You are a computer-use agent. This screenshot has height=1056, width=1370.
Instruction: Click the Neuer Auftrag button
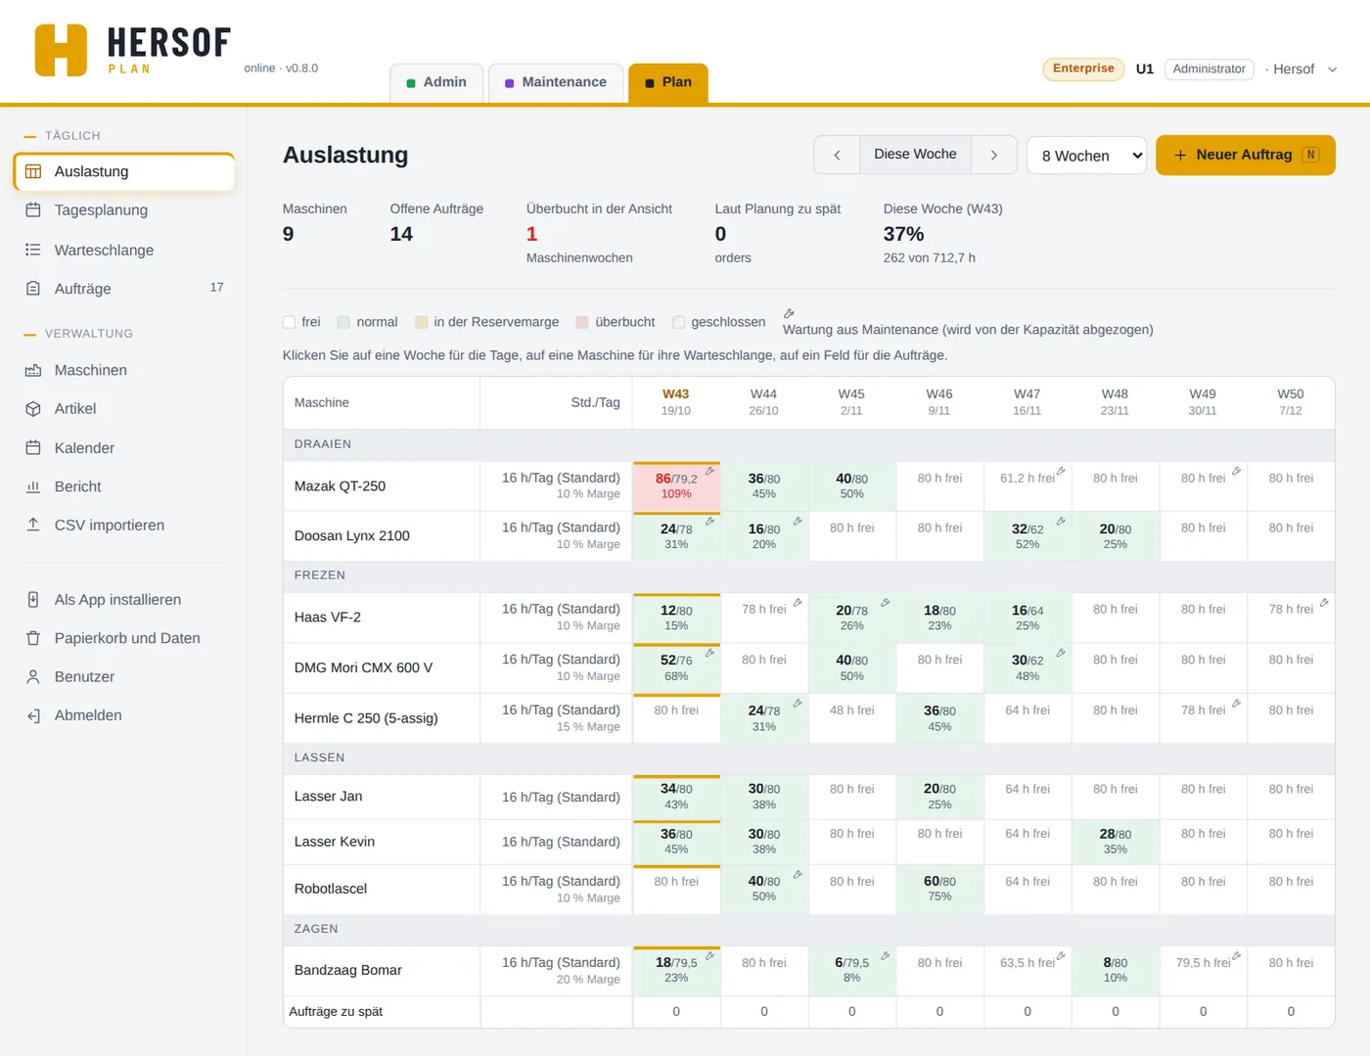(x=1245, y=155)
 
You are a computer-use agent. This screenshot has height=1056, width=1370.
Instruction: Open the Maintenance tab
(x=556, y=82)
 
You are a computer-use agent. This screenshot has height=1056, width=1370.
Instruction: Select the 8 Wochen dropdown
(x=1086, y=155)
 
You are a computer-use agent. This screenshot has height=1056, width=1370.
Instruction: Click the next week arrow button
(x=993, y=155)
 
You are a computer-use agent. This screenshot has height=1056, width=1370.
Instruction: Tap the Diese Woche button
(x=915, y=155)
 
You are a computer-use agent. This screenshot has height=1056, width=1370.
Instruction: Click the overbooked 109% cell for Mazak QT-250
(x=676, y=486)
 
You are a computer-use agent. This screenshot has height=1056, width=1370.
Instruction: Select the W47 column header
(x=1027, y=402)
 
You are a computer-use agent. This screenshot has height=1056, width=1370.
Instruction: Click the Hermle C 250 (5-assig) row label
(x=366, y=718)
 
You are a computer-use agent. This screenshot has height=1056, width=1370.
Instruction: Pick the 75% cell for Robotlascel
(x=939, y=889)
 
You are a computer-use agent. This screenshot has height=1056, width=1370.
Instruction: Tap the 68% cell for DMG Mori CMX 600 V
(x=676, y=667)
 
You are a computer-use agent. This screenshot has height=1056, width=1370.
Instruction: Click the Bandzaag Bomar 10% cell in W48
(x=1115, y=970)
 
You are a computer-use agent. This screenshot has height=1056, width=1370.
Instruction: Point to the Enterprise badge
(x=1082, y=69)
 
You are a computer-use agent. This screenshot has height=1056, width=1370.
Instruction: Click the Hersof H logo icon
(x=61, y=51)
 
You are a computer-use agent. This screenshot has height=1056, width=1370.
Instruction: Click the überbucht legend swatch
(x=582, y=322)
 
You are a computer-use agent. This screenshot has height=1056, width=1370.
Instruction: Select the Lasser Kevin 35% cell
(x=1115, y=842)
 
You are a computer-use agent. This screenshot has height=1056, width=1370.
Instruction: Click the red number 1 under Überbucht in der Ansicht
(x=531, y=235)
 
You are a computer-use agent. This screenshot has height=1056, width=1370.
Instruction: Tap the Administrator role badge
(x=1208, y=69)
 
